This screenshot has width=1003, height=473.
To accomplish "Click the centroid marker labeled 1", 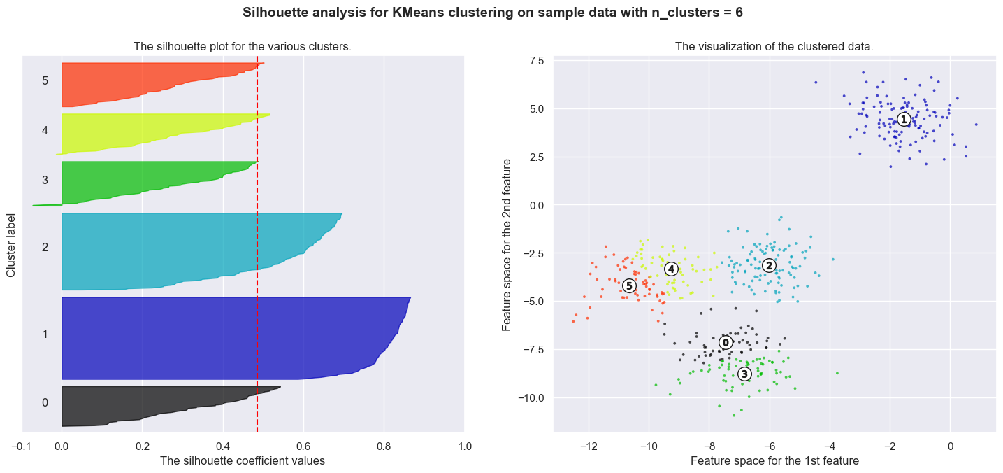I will (x=904, y=120).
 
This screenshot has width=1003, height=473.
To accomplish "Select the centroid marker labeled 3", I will (x=744, y=374).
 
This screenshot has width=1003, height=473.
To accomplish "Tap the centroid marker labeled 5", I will (x=629, y=285).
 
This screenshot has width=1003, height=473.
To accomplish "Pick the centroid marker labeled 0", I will (x=726, y=342).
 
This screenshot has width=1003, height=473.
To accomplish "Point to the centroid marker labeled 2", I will (x=769, y=265).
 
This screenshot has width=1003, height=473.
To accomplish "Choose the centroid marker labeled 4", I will (x=671, y=269).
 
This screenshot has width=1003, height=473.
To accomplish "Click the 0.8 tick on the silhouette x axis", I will (x=384, y=446).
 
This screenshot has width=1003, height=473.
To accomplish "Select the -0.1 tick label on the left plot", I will (x=22, y=446).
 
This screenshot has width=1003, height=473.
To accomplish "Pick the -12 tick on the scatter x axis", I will (x=589, y=446).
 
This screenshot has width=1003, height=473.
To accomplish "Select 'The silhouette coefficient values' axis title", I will (x=243, y=460).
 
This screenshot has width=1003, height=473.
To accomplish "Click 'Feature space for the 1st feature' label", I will (x=774, y=460).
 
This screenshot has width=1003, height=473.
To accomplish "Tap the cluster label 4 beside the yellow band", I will (x=45, y=130).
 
